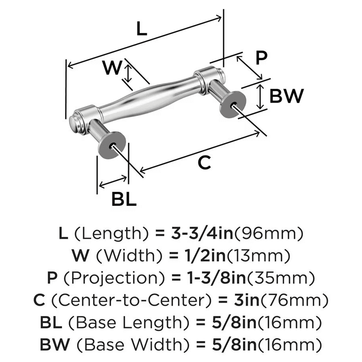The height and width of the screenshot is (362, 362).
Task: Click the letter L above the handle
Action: pos(142,29)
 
